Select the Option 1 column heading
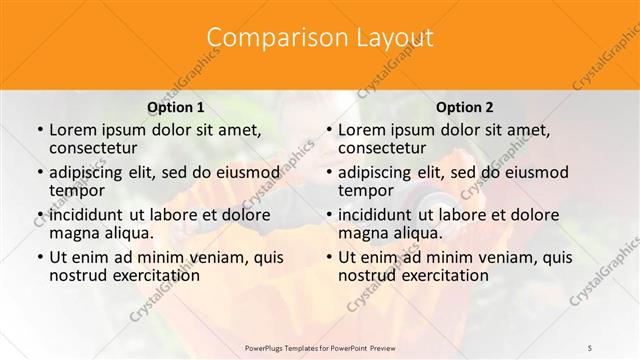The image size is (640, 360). tap(175, 106)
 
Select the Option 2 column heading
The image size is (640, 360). tap(464, 106)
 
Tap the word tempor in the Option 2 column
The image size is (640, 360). tap(365, 191)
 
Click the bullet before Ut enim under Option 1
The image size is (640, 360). tap(39, 258)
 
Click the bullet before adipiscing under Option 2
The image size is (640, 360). tap(328, 173)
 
